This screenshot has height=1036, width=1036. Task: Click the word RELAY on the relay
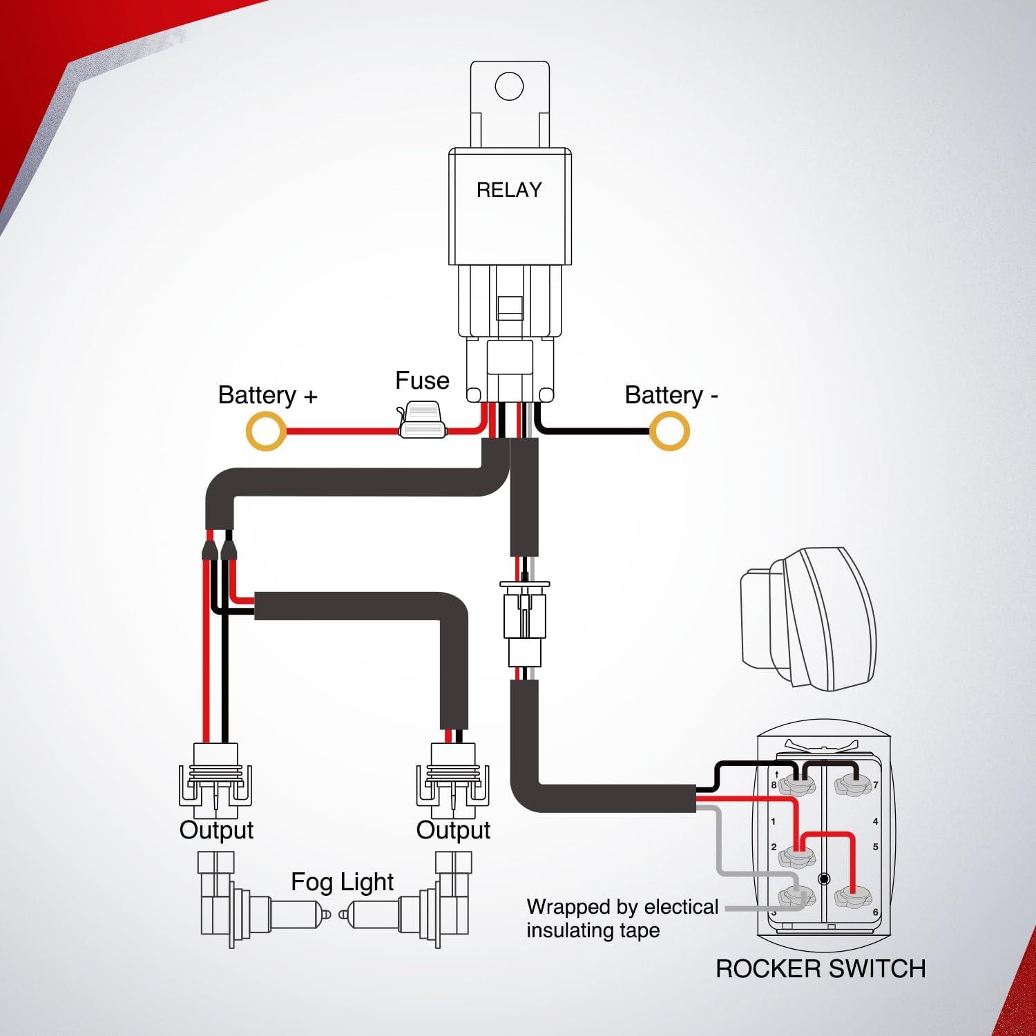(x=509, y=190)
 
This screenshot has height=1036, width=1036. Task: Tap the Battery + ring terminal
(x=266, y=431)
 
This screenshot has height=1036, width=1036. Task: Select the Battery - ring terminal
(x=669, y=431)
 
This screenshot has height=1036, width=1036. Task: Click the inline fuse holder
(x=422, y=423)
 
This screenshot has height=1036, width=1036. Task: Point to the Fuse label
(x=422, y=381)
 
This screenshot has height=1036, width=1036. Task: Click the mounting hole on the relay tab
(x=509, y=86)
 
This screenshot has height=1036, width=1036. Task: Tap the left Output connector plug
(x=216, y=777)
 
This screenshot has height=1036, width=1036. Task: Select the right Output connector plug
(x=453, y=777)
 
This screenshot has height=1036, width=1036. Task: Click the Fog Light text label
(x=342, y=882)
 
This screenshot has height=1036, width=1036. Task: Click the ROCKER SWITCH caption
(x=820, y=968)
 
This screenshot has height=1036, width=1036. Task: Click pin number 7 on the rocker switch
(x=876, y=785)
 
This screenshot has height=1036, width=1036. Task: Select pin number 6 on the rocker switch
(x=875, y=912)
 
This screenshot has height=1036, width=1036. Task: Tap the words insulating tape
(x=593, y=930)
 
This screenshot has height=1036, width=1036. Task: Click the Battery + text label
(x=267, y=395)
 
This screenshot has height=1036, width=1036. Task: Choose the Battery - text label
(x=671, y=395)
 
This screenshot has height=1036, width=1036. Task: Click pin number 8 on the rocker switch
(x=774, y=785)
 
